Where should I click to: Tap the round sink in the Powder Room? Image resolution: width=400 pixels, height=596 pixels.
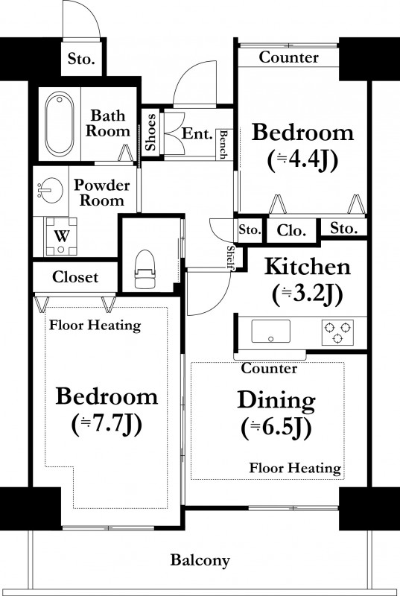pos(50,190)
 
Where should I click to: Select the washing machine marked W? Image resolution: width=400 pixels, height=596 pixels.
pos(61,236)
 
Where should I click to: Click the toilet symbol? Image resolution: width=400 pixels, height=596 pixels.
pos(146,269)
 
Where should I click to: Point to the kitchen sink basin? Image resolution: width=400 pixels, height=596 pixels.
pos(271,331)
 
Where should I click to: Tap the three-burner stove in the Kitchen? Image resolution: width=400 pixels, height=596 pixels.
pos(337,332)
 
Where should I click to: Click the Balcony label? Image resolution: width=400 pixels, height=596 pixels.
pos(200,560)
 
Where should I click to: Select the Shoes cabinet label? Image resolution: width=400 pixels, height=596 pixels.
pos(150,132)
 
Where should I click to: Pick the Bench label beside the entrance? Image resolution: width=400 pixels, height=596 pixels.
pos(223,145)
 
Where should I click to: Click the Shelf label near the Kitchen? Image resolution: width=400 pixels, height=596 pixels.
pos(230,257)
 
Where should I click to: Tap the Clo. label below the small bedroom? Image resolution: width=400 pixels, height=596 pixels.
pos(291,230)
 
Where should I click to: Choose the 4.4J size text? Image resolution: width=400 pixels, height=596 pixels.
pos(302,161)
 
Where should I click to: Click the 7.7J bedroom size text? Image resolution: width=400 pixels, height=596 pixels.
pos(107,424)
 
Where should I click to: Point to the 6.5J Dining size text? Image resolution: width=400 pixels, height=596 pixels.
pos(276,428)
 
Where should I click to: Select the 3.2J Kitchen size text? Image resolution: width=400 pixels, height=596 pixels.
pos(308,294)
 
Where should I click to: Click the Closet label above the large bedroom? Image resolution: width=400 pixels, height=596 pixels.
pos(75,277)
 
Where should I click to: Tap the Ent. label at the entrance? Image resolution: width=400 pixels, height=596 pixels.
pos(197,133)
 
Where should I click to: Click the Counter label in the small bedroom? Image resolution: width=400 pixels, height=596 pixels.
pos(289,57)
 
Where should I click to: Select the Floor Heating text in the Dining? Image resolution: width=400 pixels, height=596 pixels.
pos(295,468)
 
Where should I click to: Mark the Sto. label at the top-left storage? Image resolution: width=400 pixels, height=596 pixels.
pos(81,59)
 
